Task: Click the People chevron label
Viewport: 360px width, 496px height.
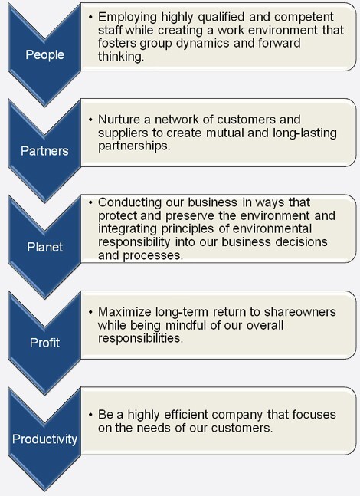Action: [x=44, y=55]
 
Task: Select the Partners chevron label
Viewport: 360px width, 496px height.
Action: [x=44, y=151]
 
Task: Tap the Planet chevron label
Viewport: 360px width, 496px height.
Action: [x=45, y=247]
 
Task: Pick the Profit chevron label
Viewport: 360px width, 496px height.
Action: [x=44, y=343]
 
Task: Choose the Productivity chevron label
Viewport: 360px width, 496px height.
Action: [x=44, y=439]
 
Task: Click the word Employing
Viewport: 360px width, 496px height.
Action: [x=127, y=17]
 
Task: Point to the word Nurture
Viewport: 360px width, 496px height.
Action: [x=119, y=120]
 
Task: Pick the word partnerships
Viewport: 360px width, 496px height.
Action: [x=134, y=146]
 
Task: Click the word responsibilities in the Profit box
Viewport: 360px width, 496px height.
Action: [x=140, y=339]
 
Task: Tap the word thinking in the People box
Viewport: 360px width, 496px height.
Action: [x=121, y=57]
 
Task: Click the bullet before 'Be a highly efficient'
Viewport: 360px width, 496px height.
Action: [x=90, y=415]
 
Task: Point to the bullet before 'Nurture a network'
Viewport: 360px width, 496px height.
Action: [x=90, y=120]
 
